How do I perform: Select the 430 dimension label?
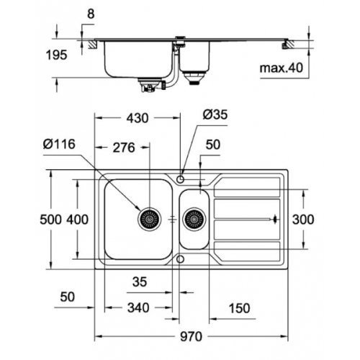pos(139,115)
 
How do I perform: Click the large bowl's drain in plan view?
pos(149,217)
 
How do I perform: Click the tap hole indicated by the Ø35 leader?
pos(181,176)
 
